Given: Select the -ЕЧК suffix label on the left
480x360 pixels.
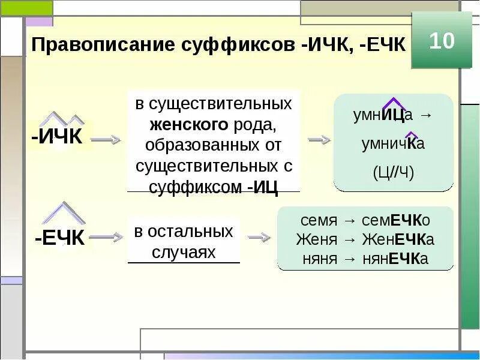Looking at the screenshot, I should pyautogui.click(x=60, y=238).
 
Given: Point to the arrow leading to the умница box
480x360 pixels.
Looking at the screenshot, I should pyautogui.click(x=319, y=139).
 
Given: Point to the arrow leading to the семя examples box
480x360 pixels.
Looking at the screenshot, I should pyautogui.click(x=259, y=238).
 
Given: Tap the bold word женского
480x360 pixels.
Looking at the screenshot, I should pyautogui.click(x=188, y=125).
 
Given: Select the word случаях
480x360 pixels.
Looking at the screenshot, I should pyautogui.click(x=183, y=252).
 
